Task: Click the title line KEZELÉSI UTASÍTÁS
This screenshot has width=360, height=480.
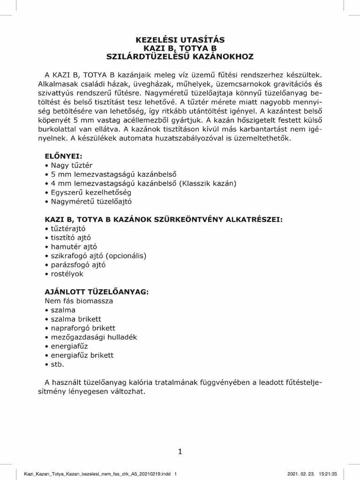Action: click(180, 40)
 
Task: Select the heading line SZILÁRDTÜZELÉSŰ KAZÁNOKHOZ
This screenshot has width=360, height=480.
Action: click(180, 57)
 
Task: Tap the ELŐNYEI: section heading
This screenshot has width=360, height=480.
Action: click(63, 157)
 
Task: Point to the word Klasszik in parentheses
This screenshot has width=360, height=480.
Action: click(196, 183)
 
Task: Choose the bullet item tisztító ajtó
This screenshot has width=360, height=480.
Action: click(70, 238)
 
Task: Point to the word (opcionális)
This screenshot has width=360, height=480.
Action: click(127, 255)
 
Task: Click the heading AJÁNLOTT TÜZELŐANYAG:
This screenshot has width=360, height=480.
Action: click(96, 292)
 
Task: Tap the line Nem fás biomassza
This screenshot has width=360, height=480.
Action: click(79, 300)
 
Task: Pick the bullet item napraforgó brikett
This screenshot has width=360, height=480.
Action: click(83, 328)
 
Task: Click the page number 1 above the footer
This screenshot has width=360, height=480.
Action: click(180, 452)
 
